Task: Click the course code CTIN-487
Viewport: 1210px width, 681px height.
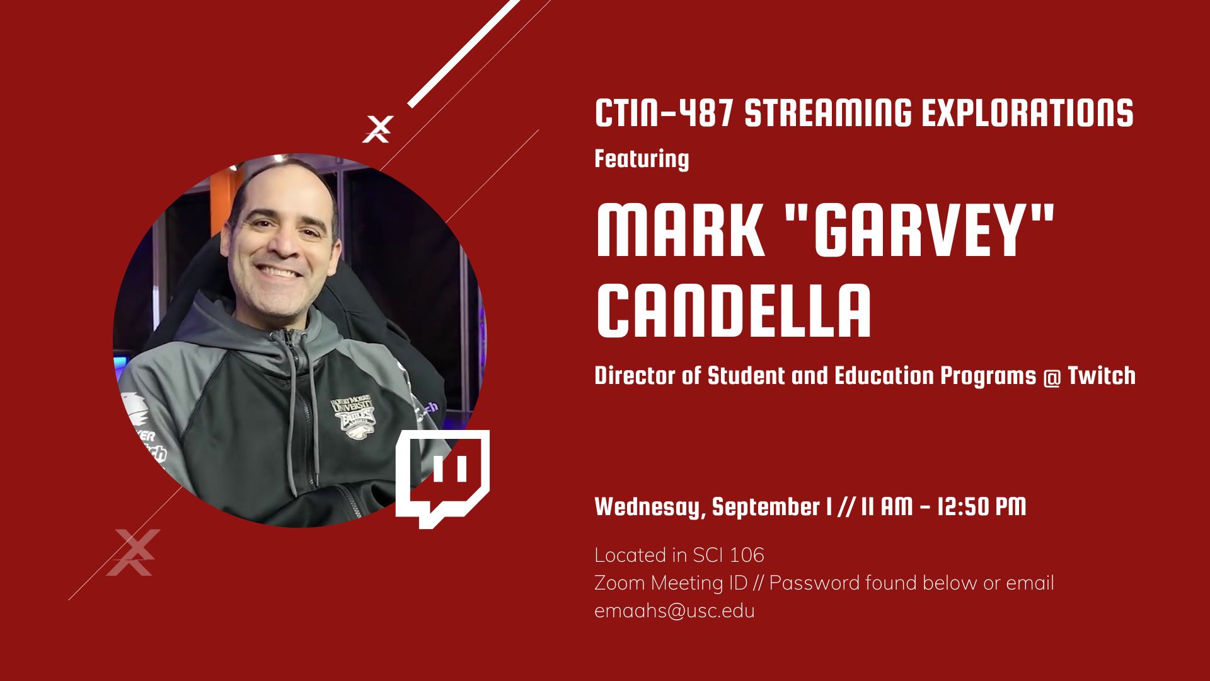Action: (x=664, y=113)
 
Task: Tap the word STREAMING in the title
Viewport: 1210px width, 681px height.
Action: (x=828, y=113)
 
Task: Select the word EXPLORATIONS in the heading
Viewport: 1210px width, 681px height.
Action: (x=1027, y=113)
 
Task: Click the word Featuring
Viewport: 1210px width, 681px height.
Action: (x=642, y=160)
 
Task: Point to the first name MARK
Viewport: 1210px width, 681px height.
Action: (x=681, y=230)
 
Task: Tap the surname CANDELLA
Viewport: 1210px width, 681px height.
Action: (x=734, y=310)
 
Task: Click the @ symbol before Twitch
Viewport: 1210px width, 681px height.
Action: (x=1052, y=378)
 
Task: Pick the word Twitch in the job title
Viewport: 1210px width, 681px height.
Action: (x=1102, y=376)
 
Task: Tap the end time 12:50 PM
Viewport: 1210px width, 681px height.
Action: (x=982, y=506)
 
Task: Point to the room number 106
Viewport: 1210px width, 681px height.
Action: (x=747, y=555)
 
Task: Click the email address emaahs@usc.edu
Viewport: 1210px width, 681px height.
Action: (x=674, y=611)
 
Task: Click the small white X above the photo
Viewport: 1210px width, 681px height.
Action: (x=378, y=129)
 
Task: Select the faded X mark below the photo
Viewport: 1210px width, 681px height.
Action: (x=134, y=552)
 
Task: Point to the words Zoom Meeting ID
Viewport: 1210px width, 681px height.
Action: (x=671, y=583)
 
